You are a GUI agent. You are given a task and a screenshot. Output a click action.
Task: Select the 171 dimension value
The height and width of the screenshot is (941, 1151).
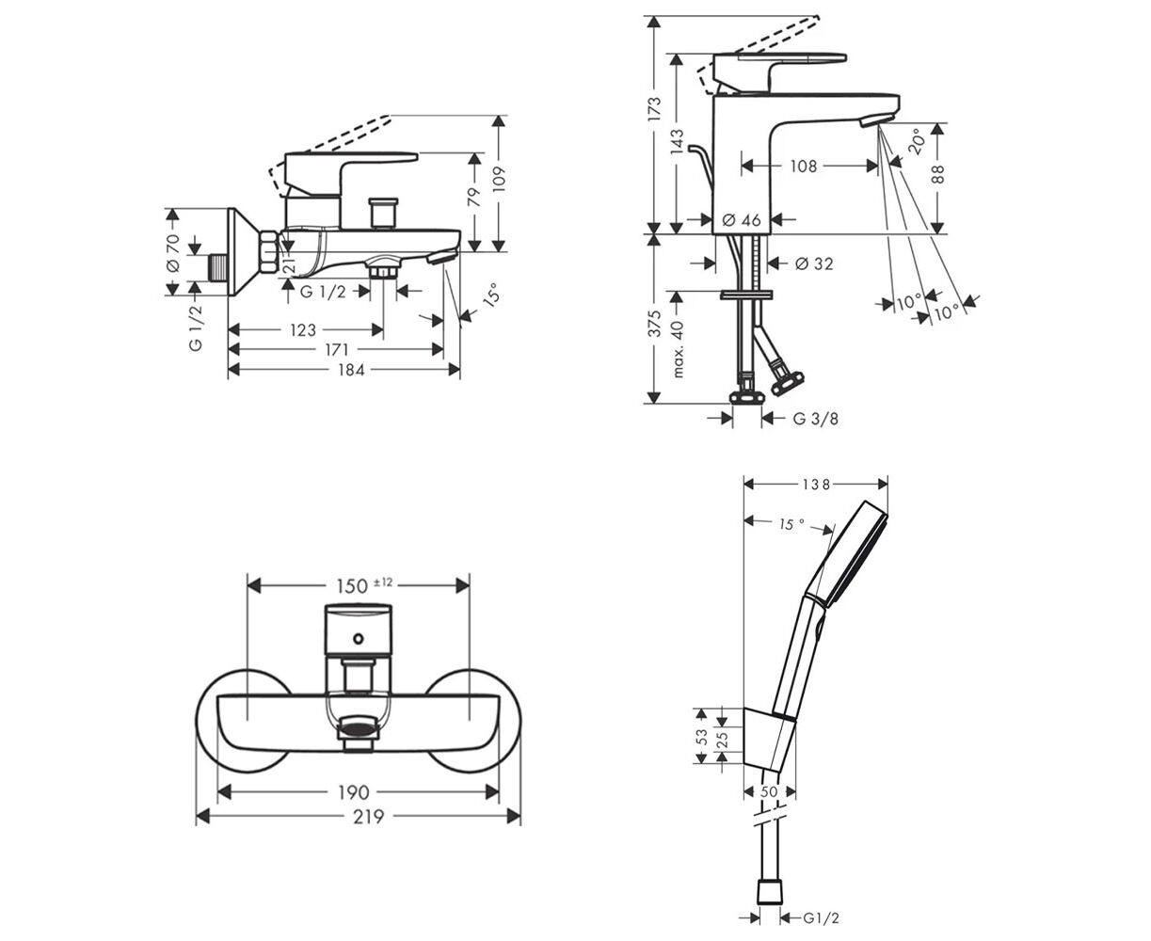(336, 350)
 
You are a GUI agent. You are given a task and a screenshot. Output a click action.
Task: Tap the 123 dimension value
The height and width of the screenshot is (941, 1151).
(302, 330)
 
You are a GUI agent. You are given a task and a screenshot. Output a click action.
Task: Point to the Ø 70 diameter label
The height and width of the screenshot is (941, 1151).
(171, 252)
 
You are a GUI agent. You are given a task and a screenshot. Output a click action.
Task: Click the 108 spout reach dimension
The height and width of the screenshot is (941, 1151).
(803, 167)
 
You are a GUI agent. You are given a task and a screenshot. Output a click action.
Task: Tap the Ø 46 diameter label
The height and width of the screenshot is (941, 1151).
(741, 220)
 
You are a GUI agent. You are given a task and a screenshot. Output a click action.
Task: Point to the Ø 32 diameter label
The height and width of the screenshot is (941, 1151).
(814, 264)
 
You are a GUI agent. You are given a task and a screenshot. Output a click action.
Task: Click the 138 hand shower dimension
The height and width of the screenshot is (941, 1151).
(816, 485)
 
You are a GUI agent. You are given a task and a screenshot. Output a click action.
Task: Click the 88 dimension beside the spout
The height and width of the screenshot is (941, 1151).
(938, 173)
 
